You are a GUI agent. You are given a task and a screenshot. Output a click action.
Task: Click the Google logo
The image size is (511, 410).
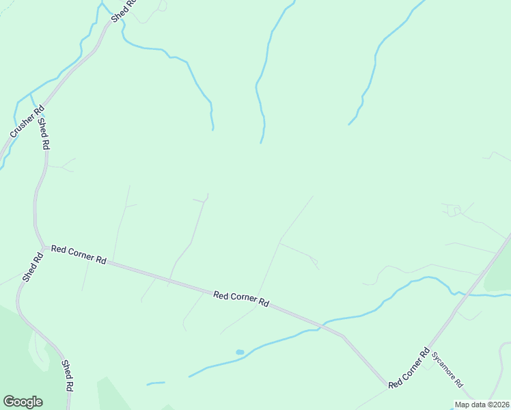coord(23,402)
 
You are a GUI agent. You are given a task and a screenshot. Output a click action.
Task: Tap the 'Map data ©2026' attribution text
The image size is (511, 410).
coord(482,405)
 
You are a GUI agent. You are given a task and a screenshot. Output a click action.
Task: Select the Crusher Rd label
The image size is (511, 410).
coord(26,122)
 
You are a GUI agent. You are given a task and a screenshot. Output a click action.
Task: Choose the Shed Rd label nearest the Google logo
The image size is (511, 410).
coord(68,375)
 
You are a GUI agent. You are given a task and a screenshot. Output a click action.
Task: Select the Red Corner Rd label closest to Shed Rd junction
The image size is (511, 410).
coord(79,256)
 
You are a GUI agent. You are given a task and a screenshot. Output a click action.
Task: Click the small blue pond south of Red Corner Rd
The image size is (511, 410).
coord(240,352)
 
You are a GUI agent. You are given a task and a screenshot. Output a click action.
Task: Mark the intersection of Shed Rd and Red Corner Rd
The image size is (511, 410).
coord(42,246)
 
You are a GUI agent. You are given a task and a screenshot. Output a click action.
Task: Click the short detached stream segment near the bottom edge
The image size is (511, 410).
coord(156,383)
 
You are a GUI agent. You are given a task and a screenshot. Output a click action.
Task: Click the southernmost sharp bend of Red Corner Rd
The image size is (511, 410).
coord(388,385)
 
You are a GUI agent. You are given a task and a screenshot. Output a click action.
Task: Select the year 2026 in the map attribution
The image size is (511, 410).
coord(499,405)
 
